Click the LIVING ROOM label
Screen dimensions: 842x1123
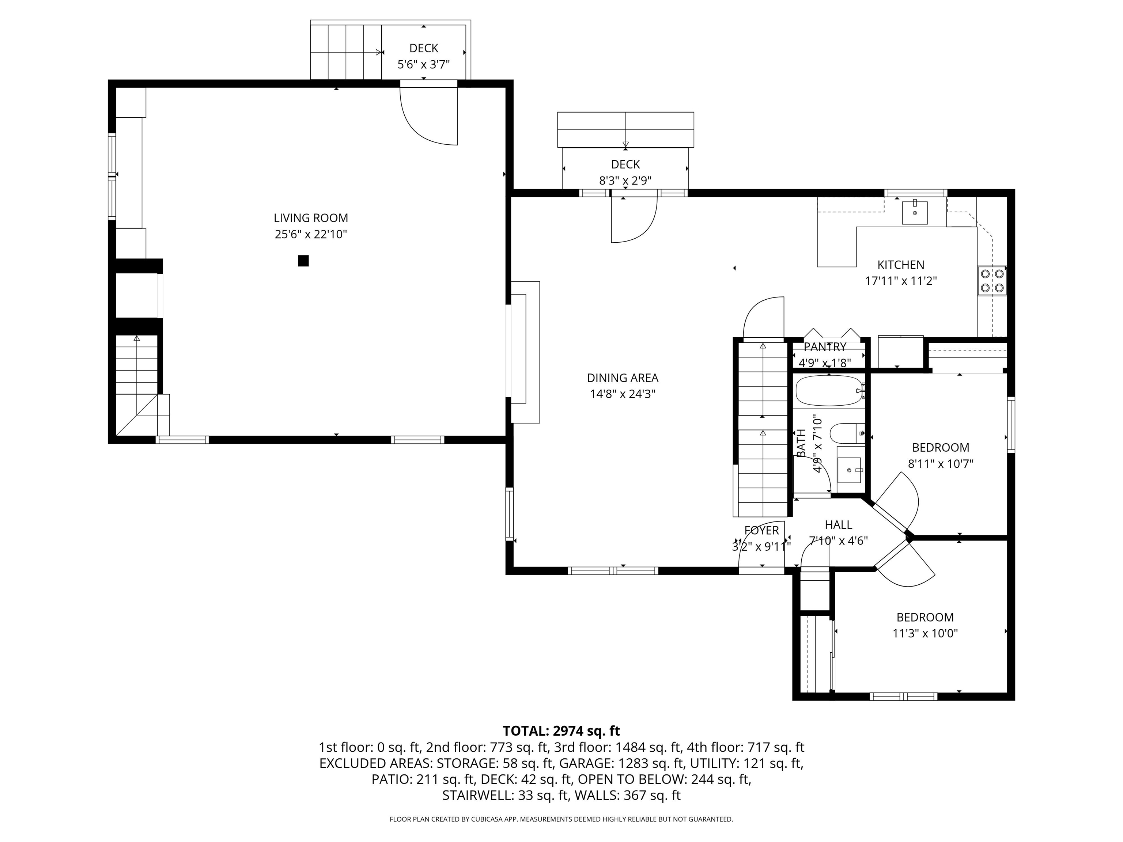click(311, 218)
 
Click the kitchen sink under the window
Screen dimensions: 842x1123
click(914, 213)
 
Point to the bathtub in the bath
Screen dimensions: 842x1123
click(829, 391)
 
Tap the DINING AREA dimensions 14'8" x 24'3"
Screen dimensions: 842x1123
click(623, 394)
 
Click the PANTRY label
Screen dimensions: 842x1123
click(825, 347)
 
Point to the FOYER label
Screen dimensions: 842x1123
click(761, 530)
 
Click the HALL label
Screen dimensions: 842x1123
click(838, 524)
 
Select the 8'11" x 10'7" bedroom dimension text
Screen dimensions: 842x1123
click(940, 463)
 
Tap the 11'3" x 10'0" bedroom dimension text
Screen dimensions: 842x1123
click(925, 633)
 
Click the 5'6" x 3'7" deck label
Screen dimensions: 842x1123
click(423, 64)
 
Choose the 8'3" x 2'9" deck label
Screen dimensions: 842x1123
click(625, 180)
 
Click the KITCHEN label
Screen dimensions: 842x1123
click(901, 265)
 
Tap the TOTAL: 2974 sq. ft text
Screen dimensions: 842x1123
click(561, 731)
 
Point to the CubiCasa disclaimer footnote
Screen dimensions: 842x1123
click(561, 819)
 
